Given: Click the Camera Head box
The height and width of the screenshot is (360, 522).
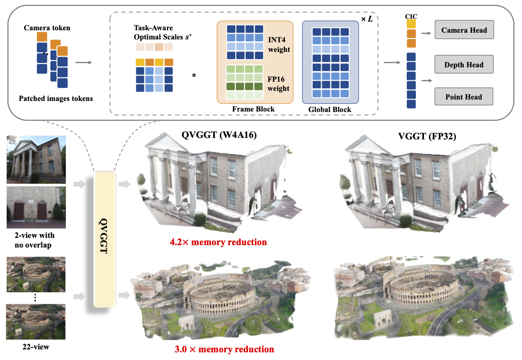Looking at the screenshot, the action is pos(464,30).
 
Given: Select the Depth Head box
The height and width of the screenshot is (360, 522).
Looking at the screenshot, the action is pos(464,64).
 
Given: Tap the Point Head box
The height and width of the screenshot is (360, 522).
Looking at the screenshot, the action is pos(464,97).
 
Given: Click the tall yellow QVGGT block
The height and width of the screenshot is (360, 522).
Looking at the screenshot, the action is pos(105,239).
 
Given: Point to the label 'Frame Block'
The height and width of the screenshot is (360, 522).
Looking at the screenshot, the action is pos(254,109).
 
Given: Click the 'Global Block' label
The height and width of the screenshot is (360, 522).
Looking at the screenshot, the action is pos(329,109).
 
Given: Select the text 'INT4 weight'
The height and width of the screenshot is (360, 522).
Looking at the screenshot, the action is pos(279,44).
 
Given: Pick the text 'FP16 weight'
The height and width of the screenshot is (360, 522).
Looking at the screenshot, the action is pos(279,84).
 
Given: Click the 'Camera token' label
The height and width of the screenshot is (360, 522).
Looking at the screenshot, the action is pos(47,28).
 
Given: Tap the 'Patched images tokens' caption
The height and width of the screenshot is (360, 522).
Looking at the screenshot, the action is pos(56,99).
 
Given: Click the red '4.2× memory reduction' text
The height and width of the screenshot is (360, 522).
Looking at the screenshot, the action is pos(219,242).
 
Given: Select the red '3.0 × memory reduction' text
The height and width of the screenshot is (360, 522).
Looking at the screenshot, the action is pos(224,349).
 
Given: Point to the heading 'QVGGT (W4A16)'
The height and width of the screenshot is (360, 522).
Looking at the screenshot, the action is pos(219,135).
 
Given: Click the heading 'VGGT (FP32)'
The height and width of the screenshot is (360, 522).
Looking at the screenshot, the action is pos(427,136).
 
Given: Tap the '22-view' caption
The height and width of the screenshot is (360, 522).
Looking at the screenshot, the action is pos(36,347).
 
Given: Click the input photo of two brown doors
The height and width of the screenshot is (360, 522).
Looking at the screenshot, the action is pos(36,207).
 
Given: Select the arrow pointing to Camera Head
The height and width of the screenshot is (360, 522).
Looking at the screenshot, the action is pos(426,33).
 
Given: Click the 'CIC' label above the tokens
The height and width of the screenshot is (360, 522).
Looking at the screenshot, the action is pos(411,16).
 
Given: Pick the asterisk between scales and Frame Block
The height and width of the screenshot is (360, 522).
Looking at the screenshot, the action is pos(194,76).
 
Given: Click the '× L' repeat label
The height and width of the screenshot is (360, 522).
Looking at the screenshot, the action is pos(367,19).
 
